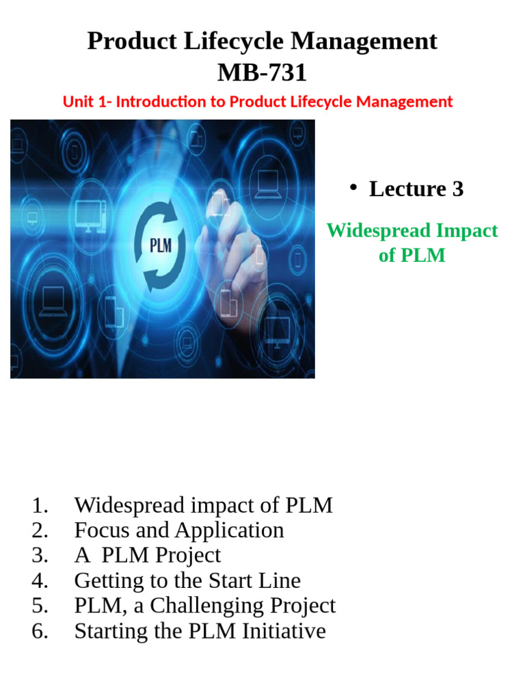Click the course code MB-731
pyautogui.click(x=262, y=72)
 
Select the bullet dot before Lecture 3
pyautogui.click(x=353, y=188)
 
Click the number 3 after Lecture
pyautogui.click(x=457, y=189)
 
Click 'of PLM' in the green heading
pyautogui.click(x=412, y=255)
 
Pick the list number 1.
pyautogui.click(x=40, y=506)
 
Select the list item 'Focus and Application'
pyautogui.click(x=178, y=530)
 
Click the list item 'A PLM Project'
pyautogui.click(x=147, y=555)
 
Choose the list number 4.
pyautogui.click(x=40, y=580)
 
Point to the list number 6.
pyautogui.click(x=40, y=630)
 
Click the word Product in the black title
pyautogui.click(x=127, y=42)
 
